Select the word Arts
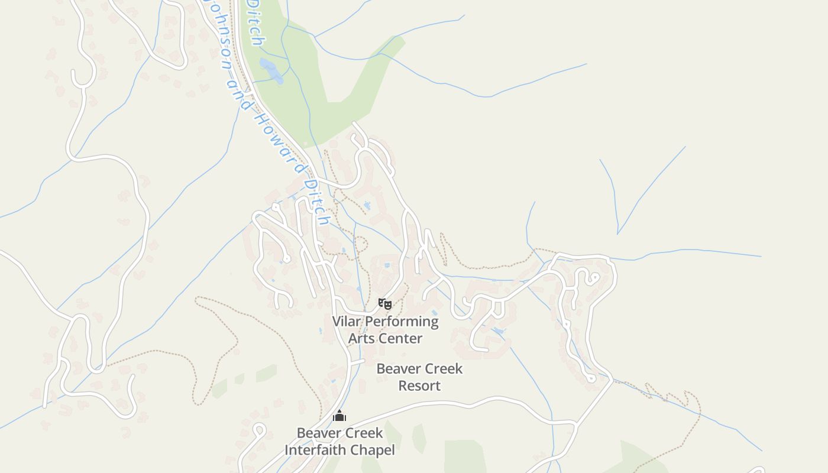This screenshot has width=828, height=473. point(361,339)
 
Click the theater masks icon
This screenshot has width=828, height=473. point(385,304)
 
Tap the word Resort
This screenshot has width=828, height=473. point(419,386)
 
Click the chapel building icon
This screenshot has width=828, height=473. point(339,416)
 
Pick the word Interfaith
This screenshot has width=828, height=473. point(314,450)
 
